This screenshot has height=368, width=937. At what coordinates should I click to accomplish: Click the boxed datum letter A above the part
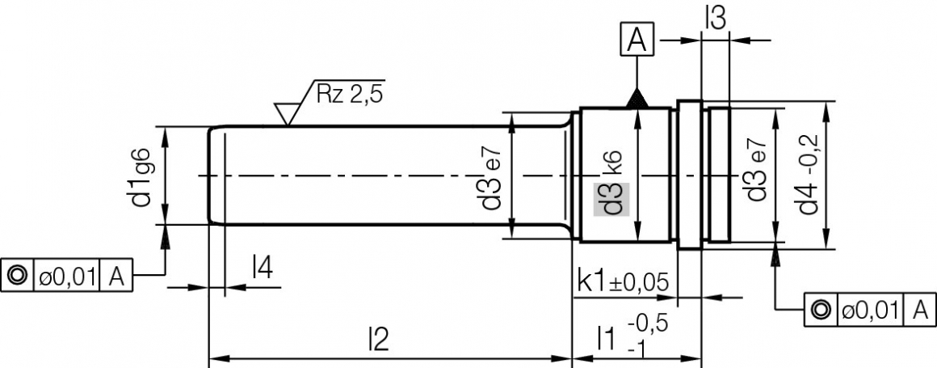point(637,39)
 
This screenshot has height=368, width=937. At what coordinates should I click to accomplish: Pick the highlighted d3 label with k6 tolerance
point(611,198)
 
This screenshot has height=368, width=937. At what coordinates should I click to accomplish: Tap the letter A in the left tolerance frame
point(116,277)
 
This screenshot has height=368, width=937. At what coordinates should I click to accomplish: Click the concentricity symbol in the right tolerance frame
point(819,309)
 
